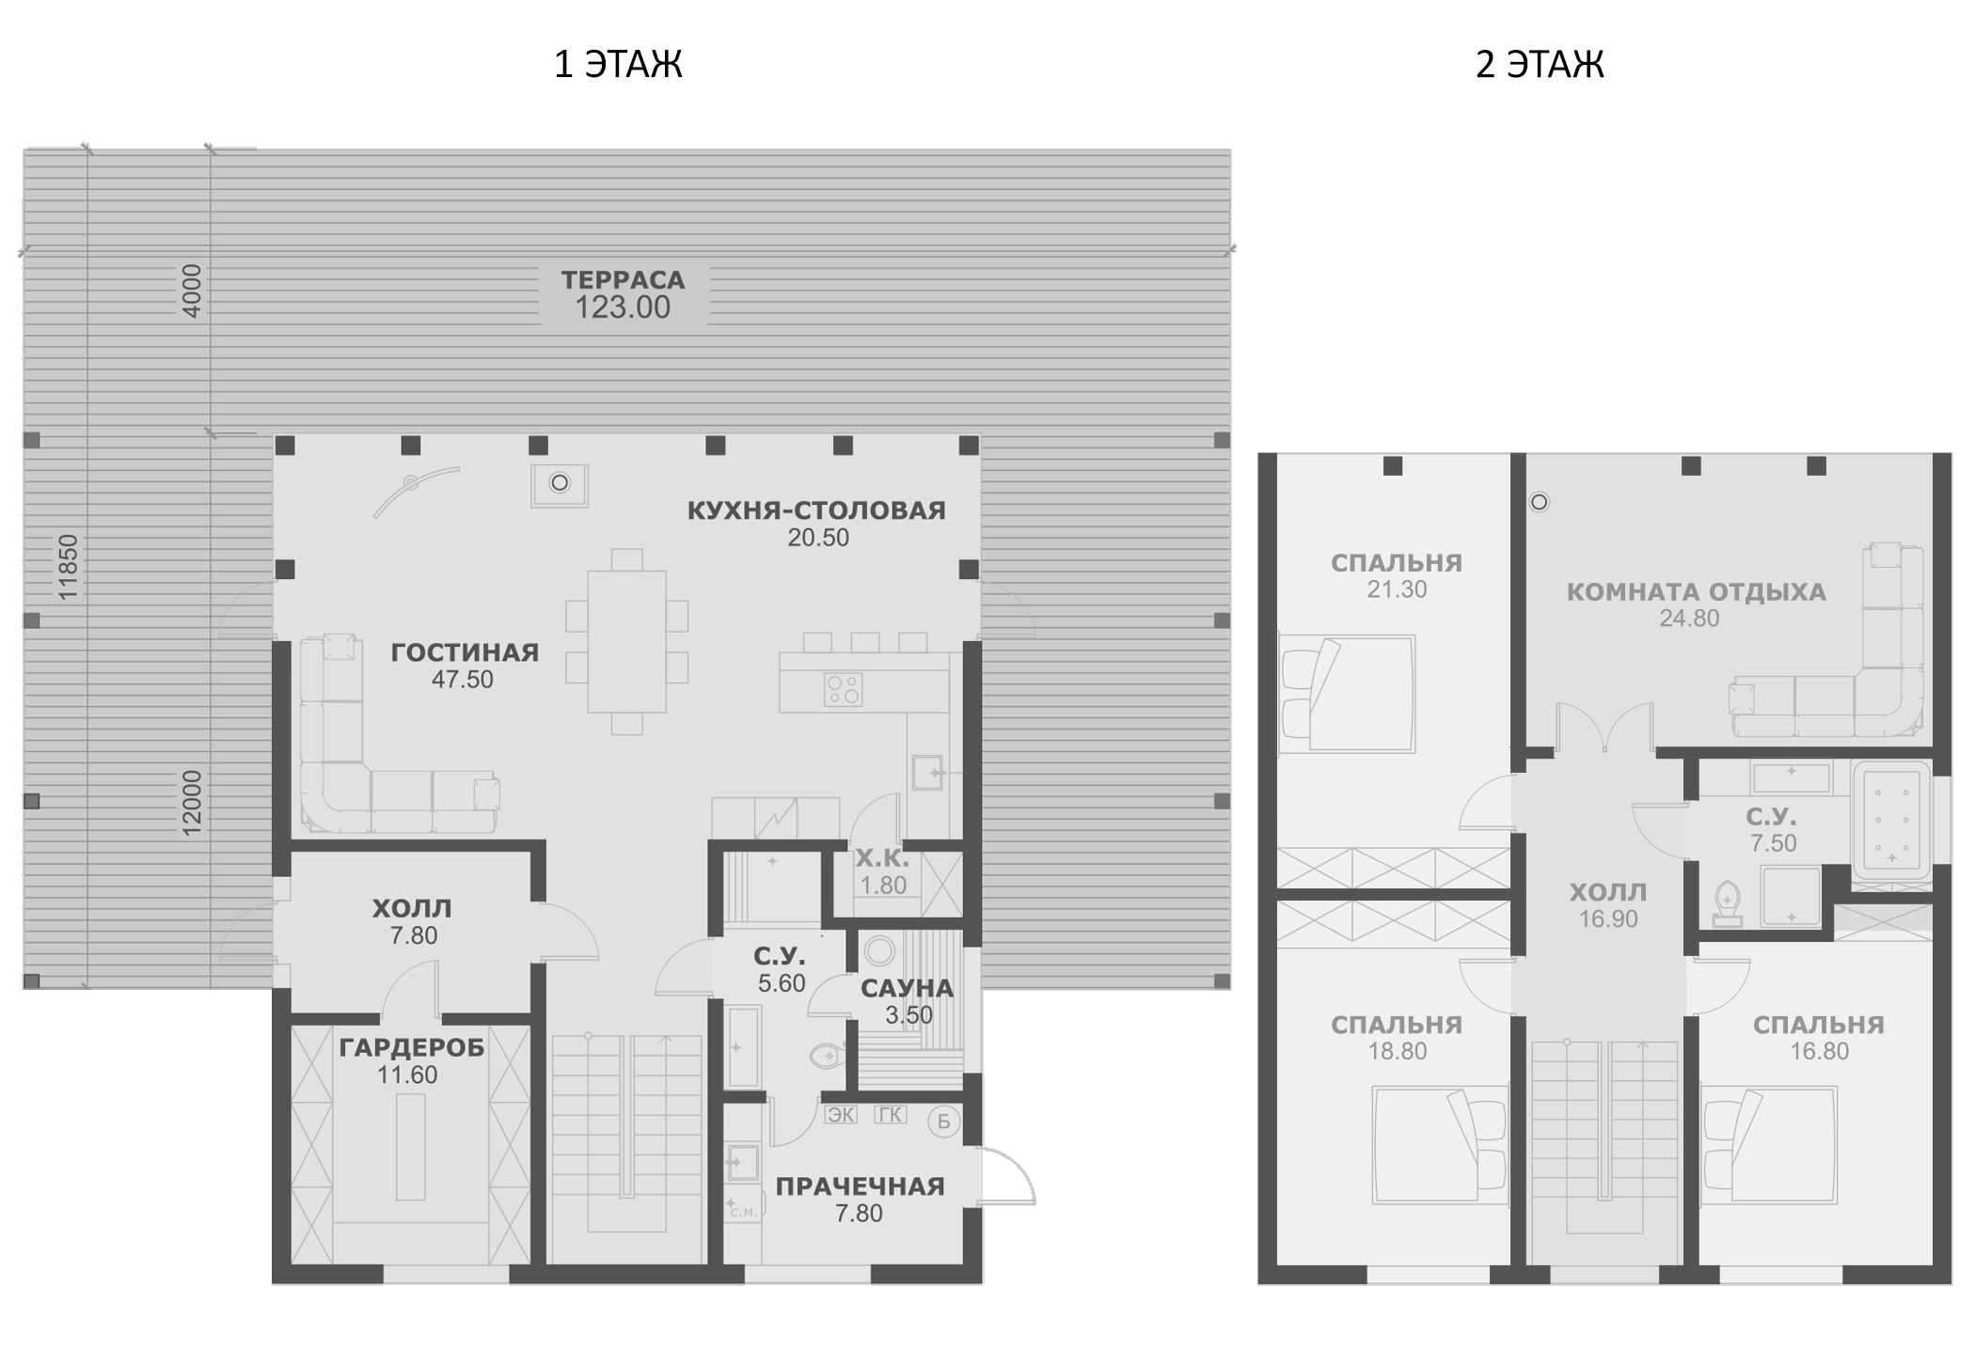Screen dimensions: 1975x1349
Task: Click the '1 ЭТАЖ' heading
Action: coord(618,65)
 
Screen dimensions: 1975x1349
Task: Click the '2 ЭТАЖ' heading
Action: coord(1540,65)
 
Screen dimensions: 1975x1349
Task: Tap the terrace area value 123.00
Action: coord(623,307)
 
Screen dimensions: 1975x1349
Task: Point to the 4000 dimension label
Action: coord(191,290)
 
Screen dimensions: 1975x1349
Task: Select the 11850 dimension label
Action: coord(68,568)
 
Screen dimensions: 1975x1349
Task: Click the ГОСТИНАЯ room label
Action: coord(465,652)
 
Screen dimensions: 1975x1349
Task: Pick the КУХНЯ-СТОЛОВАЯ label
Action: coord(816,510)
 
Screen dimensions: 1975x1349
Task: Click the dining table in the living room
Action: coord(627,642)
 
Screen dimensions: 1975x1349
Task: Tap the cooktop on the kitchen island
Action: coord(843,689)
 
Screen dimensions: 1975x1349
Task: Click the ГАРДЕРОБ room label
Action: coord(412,1047)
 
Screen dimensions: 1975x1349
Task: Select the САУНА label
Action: coord(907,988)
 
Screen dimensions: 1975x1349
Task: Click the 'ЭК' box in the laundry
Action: coord(841,1115)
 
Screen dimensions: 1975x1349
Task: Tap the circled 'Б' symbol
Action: coord(943,1122)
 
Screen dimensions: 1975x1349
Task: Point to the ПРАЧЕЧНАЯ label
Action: coord(860,1186)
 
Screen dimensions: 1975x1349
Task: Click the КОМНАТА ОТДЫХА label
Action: coord(1696,592)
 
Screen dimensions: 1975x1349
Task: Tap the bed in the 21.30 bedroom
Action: coord(1347,694)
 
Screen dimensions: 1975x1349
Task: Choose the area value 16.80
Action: coord(1819,1051)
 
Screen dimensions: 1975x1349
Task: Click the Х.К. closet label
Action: coord(882,858)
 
